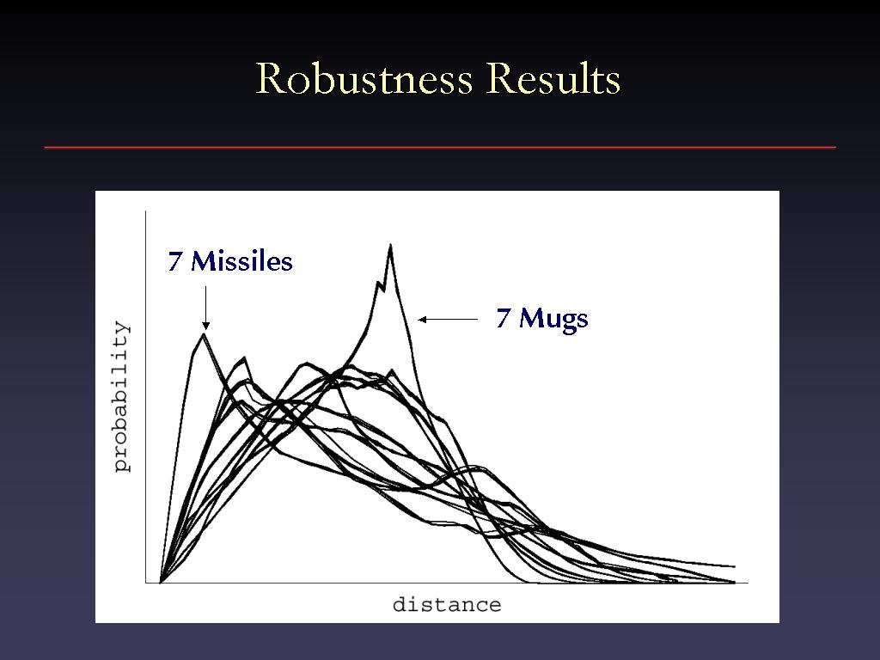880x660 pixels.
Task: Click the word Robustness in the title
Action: click(x=364, y=78)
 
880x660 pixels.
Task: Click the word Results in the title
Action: click(x=553, y=78)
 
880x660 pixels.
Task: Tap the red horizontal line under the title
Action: click(x=440, y=148)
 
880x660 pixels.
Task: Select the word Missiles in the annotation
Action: click(x=241, y=261)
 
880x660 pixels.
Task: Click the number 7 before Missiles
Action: click(x=174, y=262)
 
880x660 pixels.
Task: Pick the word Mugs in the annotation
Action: click(x=553, y=319)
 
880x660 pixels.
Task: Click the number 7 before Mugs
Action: click(x=503, y=318)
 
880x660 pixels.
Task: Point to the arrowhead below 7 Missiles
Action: click(x=206, y=326)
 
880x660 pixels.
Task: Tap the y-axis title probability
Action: click(x=121, y=396)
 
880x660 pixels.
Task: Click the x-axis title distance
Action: click(x=447, y=605)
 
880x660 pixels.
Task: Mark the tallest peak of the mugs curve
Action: click(x=390, y=245)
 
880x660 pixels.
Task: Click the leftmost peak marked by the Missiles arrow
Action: click(x=203, y=334)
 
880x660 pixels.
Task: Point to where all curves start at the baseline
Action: click(x=161, y=582)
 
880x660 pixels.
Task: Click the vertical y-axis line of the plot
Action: click(x=146, y=397)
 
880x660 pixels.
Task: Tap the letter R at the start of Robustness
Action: click(x=269, y=78)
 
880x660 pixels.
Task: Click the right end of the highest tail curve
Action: click(x=735, y=567)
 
